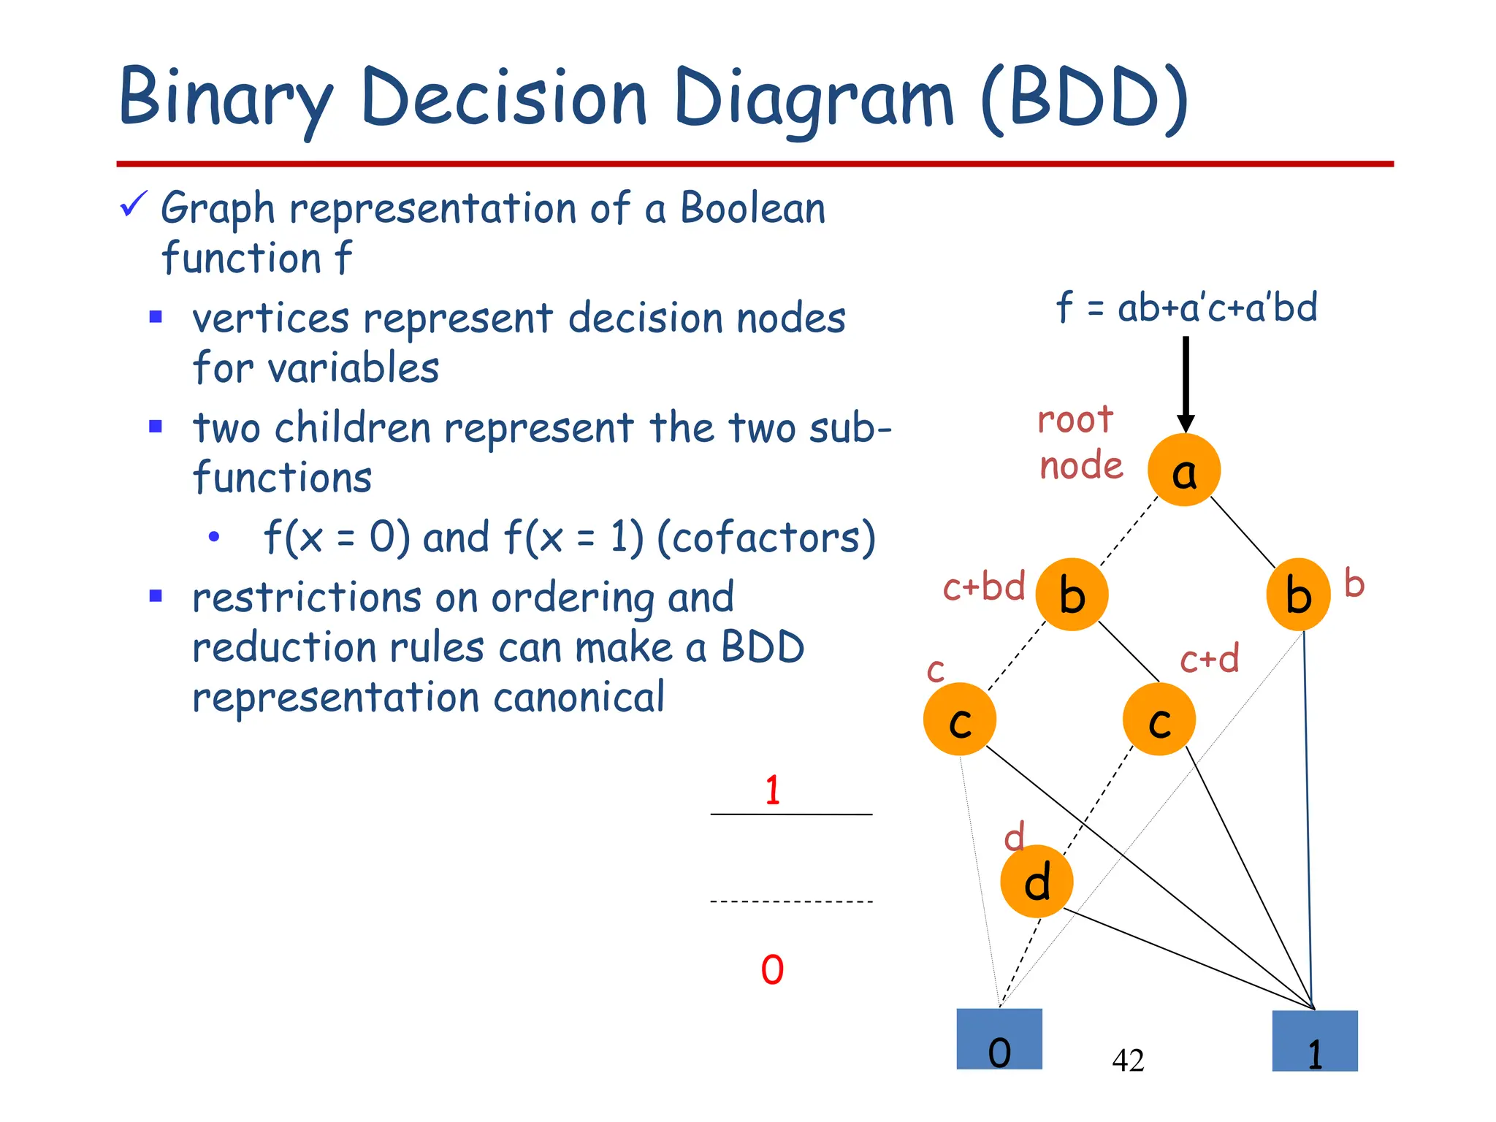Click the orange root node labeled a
click(x=1183, y=470)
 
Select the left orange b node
click(x=1072, y=595)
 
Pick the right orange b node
click(x=1298, y=595)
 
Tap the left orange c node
click(x=959, y=720)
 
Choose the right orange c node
click(x=1159, y=720)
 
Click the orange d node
click(x=1037, y=881)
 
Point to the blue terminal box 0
click(x=999, y=1039)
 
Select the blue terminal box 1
click(x=1314, y=1041)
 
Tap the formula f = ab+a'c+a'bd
click(x=1186, y=307)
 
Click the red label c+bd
click(x=984, y=587)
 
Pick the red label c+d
click(x=1210, y=659)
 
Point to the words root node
click(x=1080, y=443)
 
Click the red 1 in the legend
click(x=773, y=790)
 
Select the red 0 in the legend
click(x=772, y=970)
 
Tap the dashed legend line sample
click(x=791, y=902)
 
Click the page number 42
click(x=1128, y=1060)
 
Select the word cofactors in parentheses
click(x=766, y=538)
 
